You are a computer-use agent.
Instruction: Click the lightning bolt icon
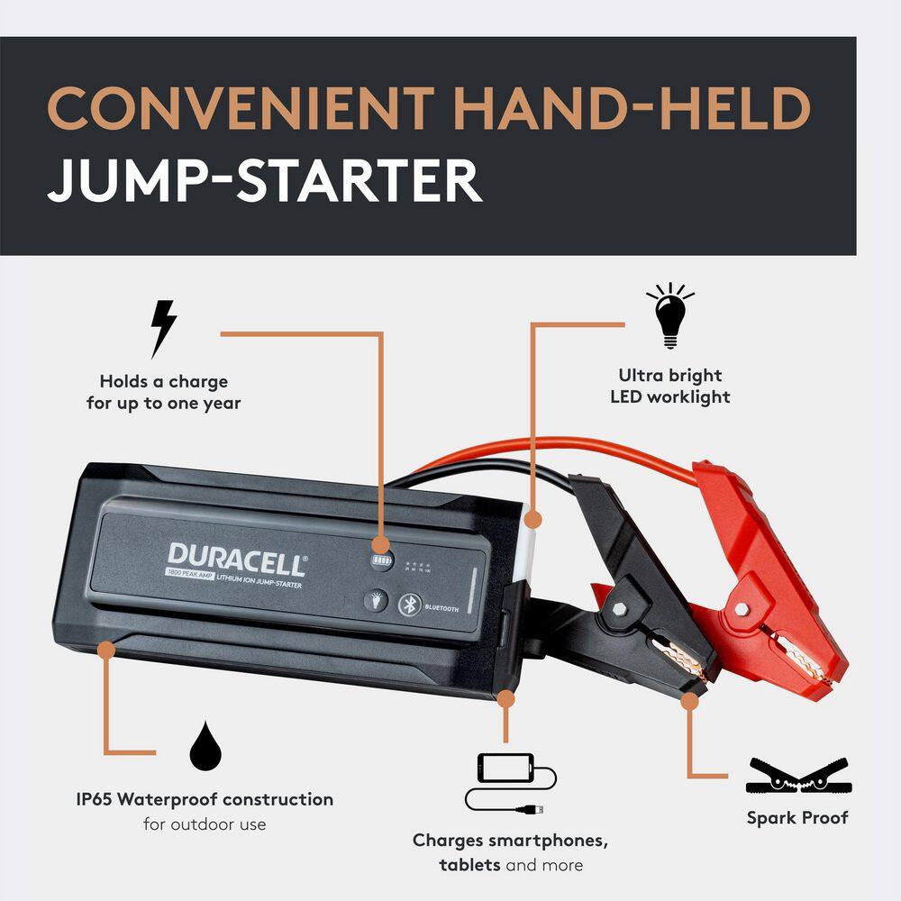coord(163,329)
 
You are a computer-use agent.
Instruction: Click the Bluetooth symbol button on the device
coord(411,605)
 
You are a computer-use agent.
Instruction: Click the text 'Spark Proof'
coord(797,818)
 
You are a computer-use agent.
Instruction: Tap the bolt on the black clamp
coord(620,610)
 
